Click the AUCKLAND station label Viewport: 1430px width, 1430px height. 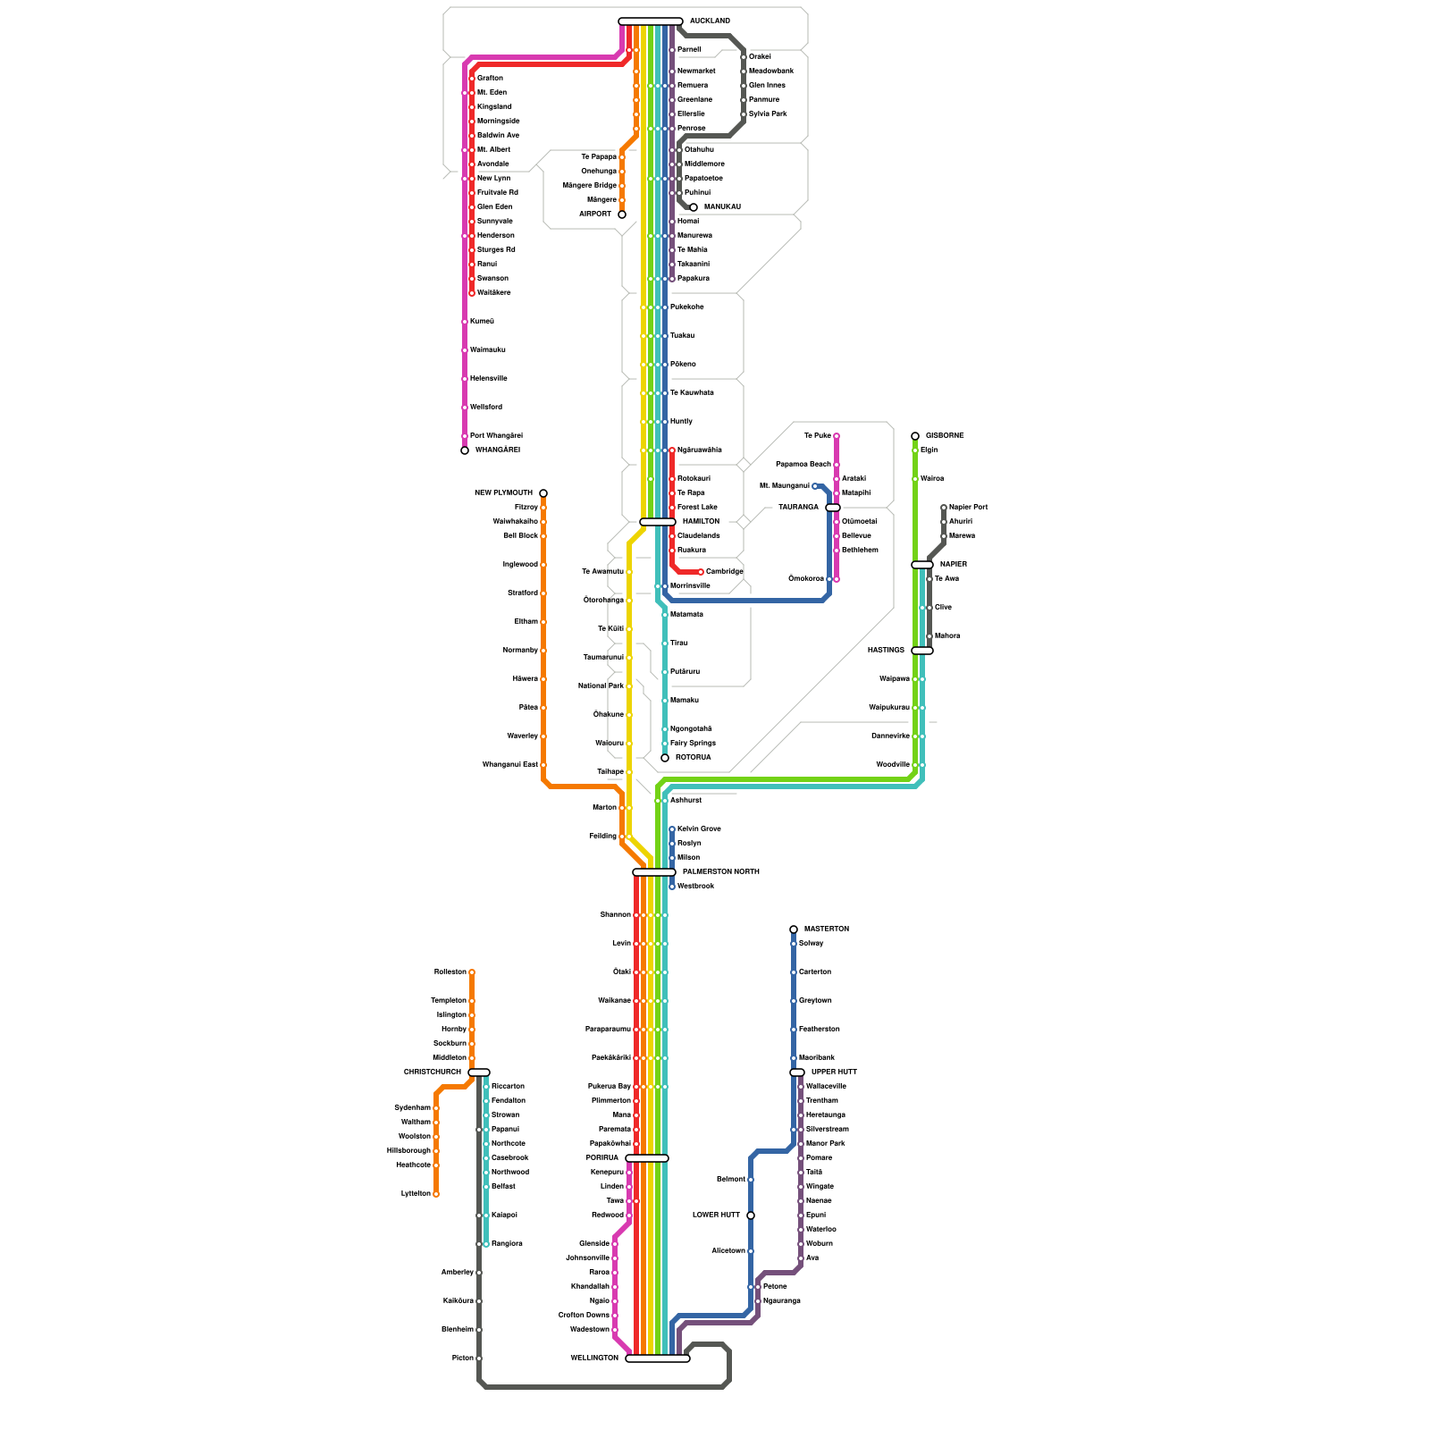[x=710, y=21]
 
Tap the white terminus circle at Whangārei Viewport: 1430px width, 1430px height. [x=465, y=450]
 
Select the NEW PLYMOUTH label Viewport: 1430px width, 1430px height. [x=503, y=493]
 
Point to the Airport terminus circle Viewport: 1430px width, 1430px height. [x=622, y=214]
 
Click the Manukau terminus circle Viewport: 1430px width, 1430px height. [x=694, y=207]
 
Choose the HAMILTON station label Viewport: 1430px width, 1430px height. [x=701, y=522]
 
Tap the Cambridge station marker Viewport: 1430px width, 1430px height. [x=701, y=572]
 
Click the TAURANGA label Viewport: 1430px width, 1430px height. [x=798, y=508]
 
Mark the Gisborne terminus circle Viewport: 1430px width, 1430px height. [x=915, y=436]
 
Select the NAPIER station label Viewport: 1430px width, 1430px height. [x=954, y=565]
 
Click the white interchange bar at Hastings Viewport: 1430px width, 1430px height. [x=922, y=651]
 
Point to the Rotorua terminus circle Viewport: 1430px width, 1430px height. [x=665, y=758]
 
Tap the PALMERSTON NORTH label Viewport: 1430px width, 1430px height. [x=720, y=872]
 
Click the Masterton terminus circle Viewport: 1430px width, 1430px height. [x=794, y=929]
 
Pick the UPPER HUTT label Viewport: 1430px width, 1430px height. [x=834, y=1072]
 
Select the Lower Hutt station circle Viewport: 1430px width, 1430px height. [x=751, y=1215]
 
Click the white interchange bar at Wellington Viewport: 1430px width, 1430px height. [x=658, y=1358]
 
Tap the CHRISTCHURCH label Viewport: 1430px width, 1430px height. [x=433, y=1072]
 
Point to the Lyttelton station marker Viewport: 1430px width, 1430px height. [x=436, y=1194]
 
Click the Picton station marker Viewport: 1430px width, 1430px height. [x=479, y=1358]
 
